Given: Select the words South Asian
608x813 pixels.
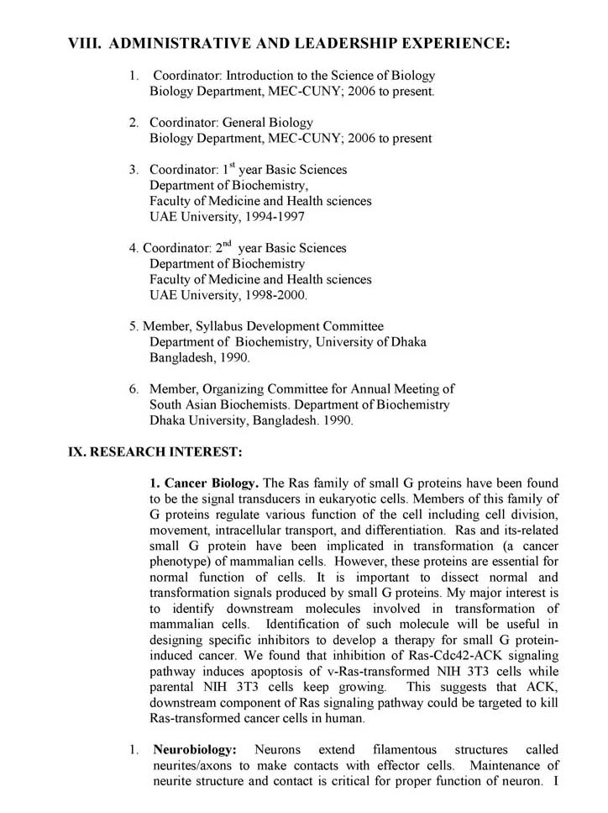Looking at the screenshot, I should (186, 404).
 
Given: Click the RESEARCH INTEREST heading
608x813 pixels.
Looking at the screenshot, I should (155, 451).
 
